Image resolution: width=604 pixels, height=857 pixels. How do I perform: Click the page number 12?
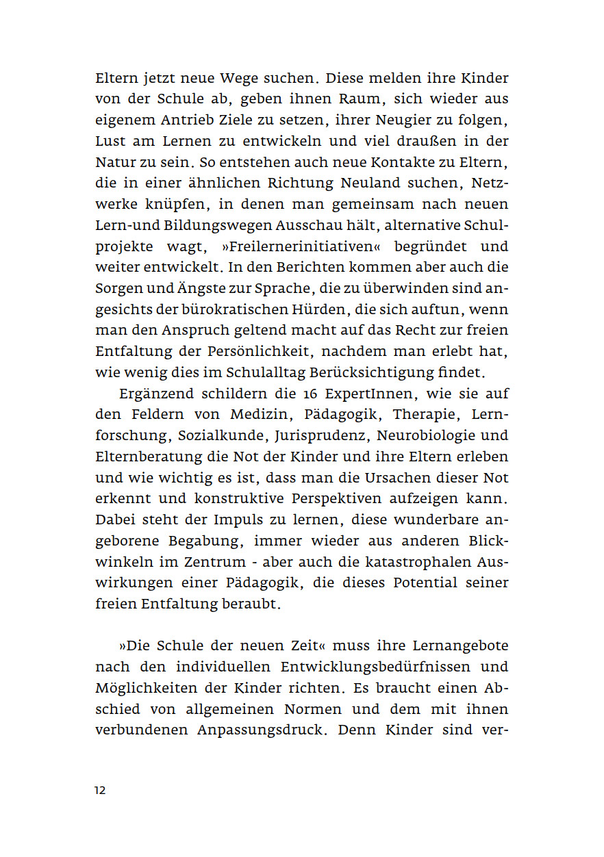pos(100,790)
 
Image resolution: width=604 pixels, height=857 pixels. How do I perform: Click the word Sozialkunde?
pos(222,435)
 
